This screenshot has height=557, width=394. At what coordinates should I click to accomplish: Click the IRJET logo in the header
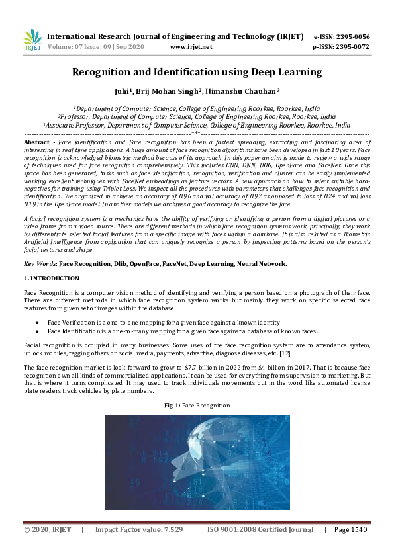(32, 40)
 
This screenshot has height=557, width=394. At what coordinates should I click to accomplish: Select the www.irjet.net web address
(191, 47)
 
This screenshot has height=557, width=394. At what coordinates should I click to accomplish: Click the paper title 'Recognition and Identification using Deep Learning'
(197, 71)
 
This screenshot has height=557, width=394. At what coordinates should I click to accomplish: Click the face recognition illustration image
(197, 462)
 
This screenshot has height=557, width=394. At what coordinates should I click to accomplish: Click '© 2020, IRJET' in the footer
(46, 530)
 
